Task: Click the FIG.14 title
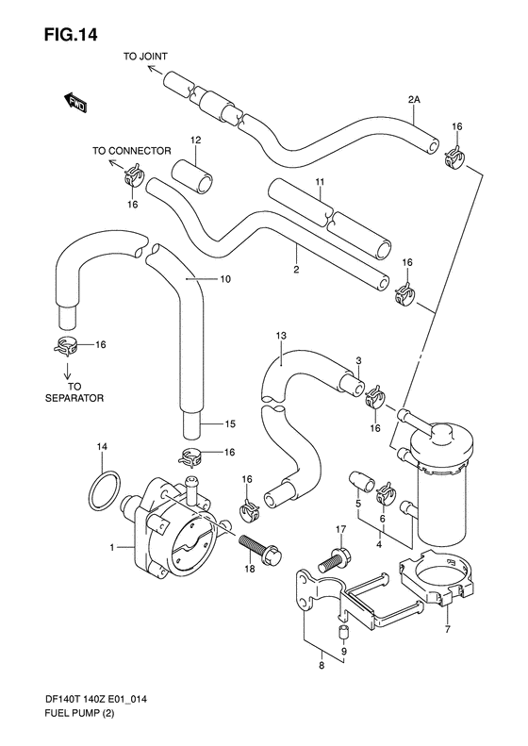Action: coord(71,35)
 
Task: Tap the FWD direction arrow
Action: coord(74,102)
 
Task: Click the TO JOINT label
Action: coord(145,57)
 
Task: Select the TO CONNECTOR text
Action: coord(131,151)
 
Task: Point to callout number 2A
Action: coord(414,100)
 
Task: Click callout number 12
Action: coord(195,140)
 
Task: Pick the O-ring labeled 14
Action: coord(104,490)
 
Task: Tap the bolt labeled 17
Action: coord(334,559)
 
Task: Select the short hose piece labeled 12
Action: coord(191,176)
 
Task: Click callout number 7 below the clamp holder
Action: coord(447,630)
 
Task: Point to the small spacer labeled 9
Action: coord(343,633)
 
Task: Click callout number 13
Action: coord(281,336)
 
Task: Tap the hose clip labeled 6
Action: coord(387,495)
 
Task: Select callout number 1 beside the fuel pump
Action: coord(112,548)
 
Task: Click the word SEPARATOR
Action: coord(74,398)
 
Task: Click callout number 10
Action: coord(225,279)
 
